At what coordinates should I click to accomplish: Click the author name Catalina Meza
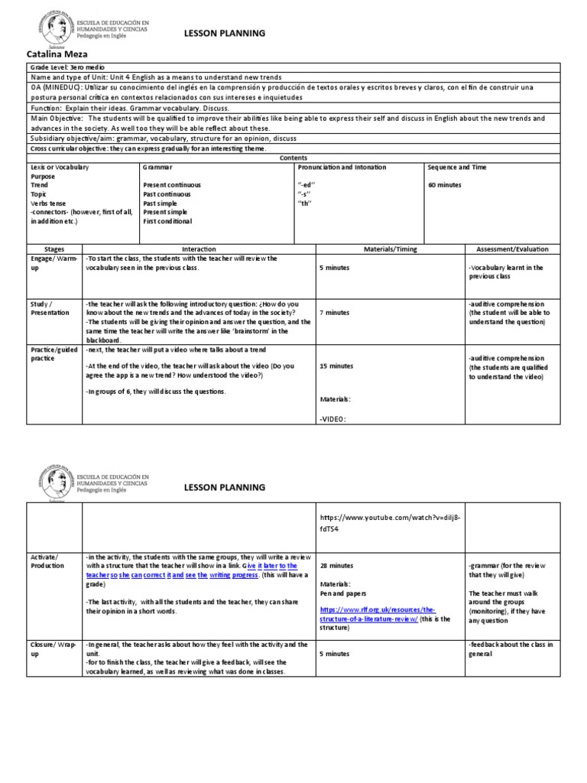(58, 54)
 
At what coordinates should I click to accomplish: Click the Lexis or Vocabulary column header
(60, 167)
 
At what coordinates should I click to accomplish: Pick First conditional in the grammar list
(167, 221)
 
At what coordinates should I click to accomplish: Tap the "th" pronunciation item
(306, 203)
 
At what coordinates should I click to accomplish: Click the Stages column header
(54, 249)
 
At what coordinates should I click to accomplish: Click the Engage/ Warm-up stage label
(47, 263)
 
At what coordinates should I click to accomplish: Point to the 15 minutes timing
(336, 366)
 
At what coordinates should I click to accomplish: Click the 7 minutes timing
(334, 313)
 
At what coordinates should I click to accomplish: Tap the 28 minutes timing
(336, 565)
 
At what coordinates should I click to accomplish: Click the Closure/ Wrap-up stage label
(48, 650)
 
